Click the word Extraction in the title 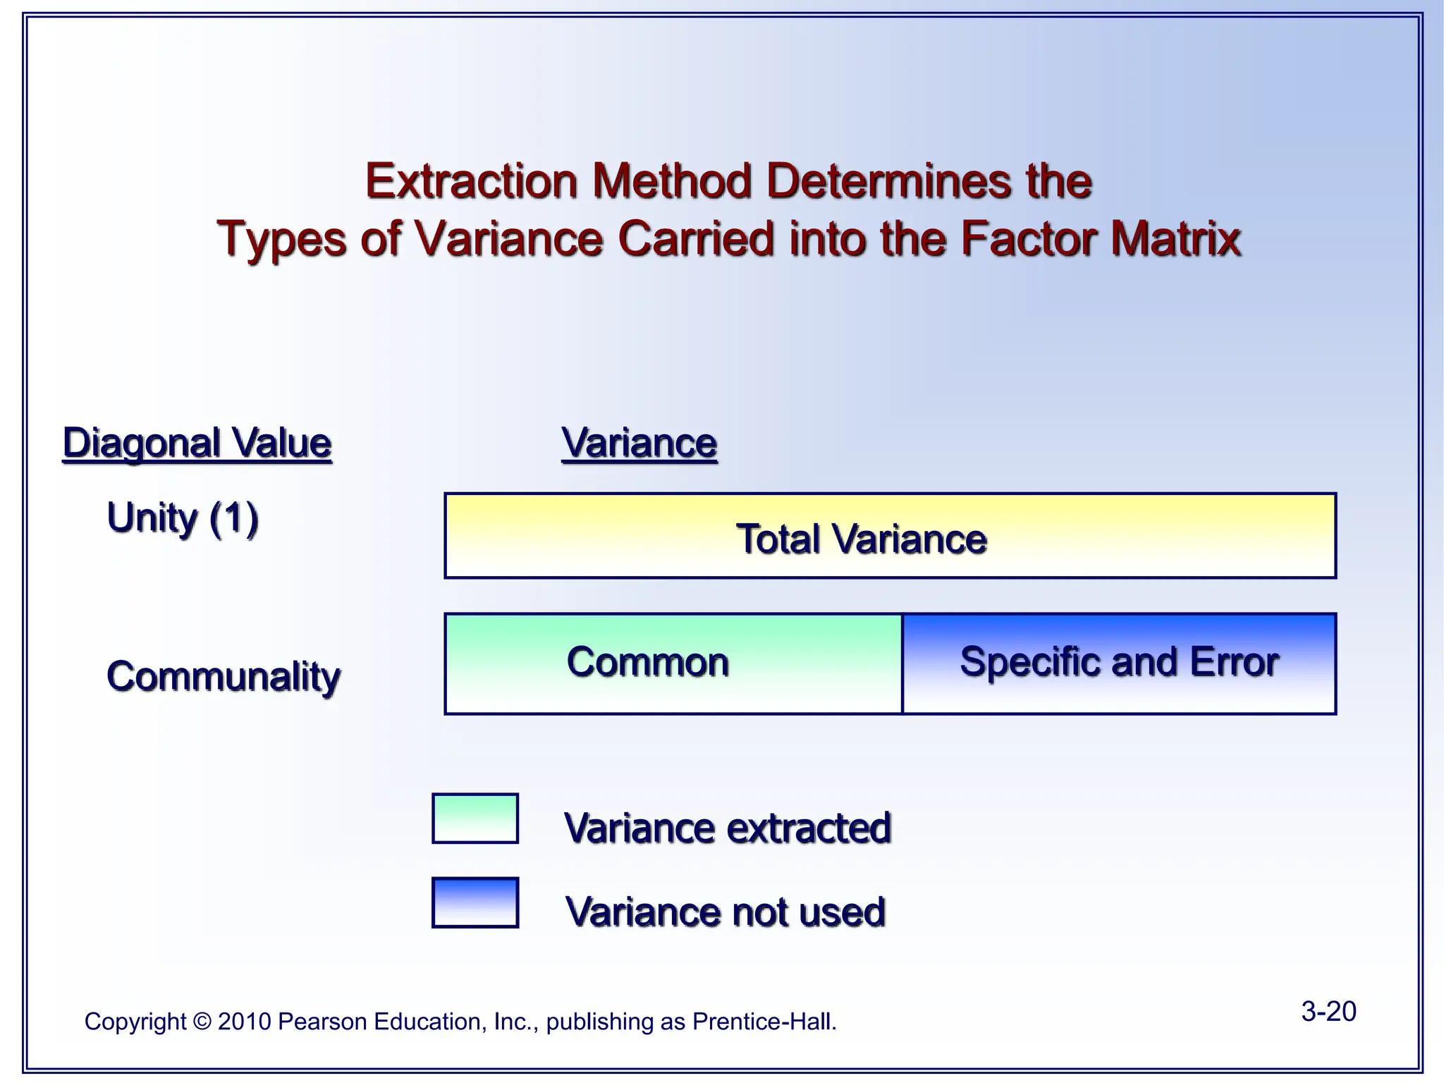pyautogui.click(x=471, y=181)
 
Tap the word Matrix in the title pyautogui.click(x=1175, y=239)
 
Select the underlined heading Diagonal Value pyautogui.click(x=197, y=443)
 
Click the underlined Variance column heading pyautogui.click(x=639, y=443)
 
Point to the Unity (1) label pyautogui.click(x=183, y=518)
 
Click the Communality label pyautogui.click(x=224, y=676)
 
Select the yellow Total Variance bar pyautogui.click(x=890, y=537)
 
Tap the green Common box pyautogui.click(x=673, y=663)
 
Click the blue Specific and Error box pyautogui.click(x=1119, y=663)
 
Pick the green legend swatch pyautogui.click(x=475, y=819)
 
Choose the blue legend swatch pyautogui.click(x=475, y=902)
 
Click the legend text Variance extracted pyautogui.click(x=727, y=828)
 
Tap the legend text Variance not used pyautogui.click(x=725, y=912)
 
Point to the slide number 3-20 pyautogui.click(x=1328, y=1011)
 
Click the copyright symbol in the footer pyautogui.click(x=202, y=1022)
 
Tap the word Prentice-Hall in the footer pyautogui.click(x=764, y=1022)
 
